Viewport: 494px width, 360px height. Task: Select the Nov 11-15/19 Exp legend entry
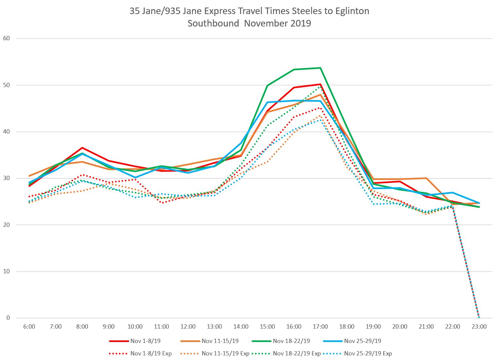[x=225, y=353]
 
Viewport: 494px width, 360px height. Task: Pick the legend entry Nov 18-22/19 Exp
[x=297, y=353]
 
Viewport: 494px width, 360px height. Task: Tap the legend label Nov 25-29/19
[x=362, y=341]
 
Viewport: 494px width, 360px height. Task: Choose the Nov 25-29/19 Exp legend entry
[x=368, y=353]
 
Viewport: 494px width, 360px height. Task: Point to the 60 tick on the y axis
[x=7, y=38]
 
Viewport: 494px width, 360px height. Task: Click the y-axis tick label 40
[x=7, y=132]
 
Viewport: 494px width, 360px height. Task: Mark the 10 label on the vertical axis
[x=7, y=271]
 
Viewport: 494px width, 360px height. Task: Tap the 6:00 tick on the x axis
[x=29, y=327]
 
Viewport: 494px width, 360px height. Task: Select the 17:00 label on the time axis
[x=320, y=327]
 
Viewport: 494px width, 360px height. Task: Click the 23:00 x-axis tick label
[x=479, y=327]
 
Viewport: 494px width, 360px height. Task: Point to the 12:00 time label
[x=188, y=327]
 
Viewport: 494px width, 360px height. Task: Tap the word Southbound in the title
[x=213, y=24]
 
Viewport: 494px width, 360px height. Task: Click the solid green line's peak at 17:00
[x=320, y=68]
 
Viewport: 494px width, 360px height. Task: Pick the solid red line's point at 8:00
[x=82, y=148]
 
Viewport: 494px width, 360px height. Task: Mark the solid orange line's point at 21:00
[x=426, y=178]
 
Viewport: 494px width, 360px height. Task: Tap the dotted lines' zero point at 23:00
[x=479, y=317]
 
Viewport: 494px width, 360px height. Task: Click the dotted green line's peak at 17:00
[x=320, y=87]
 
